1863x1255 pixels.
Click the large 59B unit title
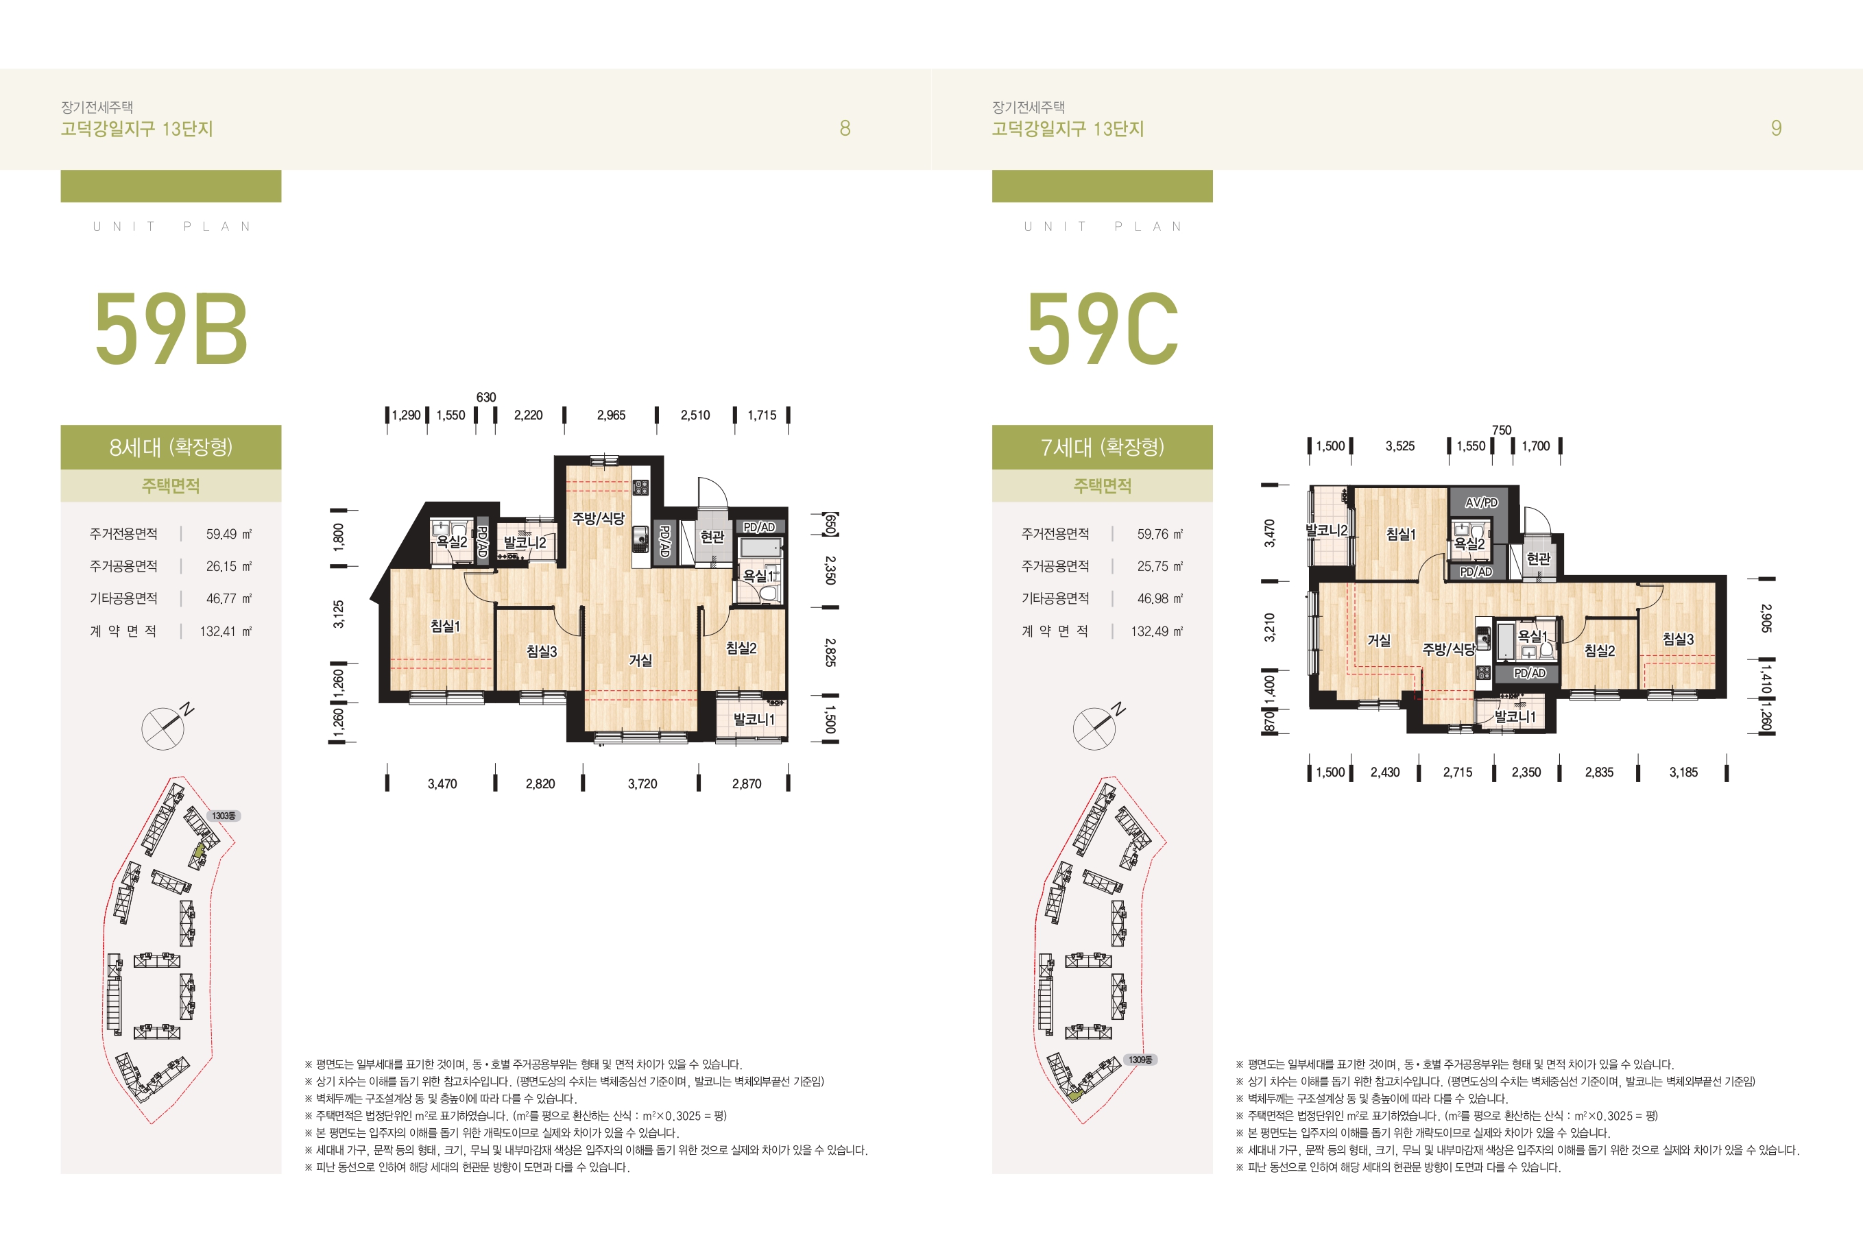[x=171, y=328]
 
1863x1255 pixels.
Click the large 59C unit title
[x=1103, y=328]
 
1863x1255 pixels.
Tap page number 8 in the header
[x=845, y=128]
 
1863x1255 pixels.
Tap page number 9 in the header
[x=1776, y=128]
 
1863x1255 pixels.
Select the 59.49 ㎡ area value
[x=228, y=534]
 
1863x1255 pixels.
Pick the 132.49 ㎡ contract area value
[x=1156, y=631]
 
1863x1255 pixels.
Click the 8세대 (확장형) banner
[x=171, y=447]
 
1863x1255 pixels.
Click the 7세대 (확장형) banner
[x=1103, y=447]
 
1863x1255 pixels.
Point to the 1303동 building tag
[x=224, y=816]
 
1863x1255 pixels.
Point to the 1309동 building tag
[x=1141, y=1060]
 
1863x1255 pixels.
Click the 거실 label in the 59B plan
[x=640, y=660]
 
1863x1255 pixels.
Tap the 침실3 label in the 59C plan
[x=1678, y=639]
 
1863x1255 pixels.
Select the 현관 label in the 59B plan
[x=712, y=536]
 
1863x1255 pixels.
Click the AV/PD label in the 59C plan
[x=1481, y=502]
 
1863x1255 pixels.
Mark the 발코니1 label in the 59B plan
[x=754, y=720]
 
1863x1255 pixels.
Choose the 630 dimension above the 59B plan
[x=486, y=397]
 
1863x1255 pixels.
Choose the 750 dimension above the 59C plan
[x=1502, y=430]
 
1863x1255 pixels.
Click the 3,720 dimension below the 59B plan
[x=642, y=783]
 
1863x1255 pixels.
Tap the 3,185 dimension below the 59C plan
[x=1683, y=772]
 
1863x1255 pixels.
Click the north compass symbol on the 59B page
[x=167, y=726]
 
